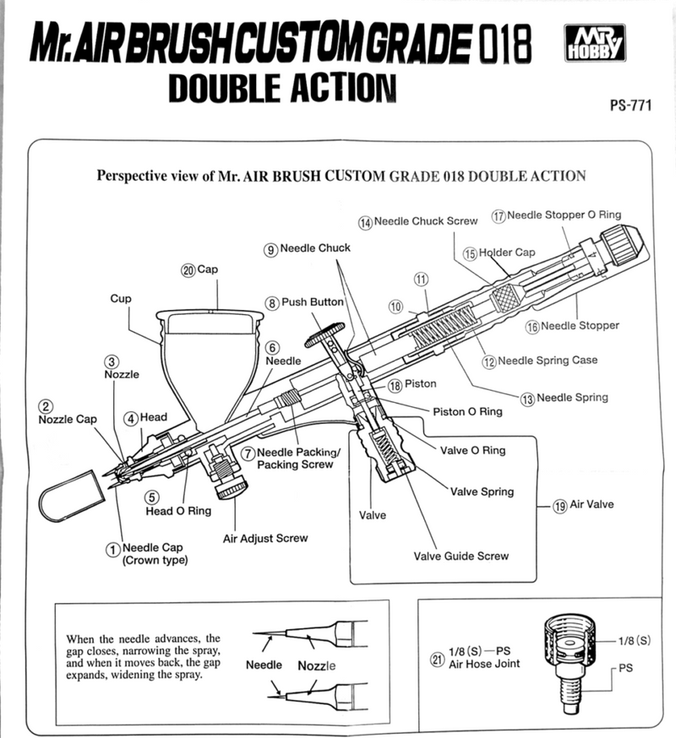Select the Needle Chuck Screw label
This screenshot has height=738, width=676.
[424, 221]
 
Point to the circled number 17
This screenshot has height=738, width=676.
[499, 216]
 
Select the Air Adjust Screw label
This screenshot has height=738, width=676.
[264, 538]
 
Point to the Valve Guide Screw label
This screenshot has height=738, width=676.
[461, 556]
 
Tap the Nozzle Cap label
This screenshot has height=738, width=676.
[68, 419]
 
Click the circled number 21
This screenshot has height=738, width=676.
[437, 660]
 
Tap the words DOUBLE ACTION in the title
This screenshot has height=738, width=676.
[281, 87]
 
